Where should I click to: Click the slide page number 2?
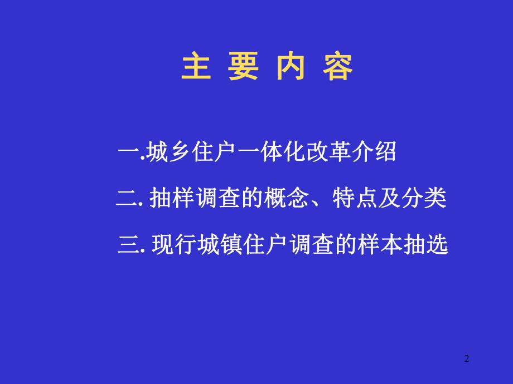click(467, 359)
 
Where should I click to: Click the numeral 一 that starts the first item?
click(130, 152)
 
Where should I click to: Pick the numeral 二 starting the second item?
click(126, 199)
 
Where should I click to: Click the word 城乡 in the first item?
click(170, 152)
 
